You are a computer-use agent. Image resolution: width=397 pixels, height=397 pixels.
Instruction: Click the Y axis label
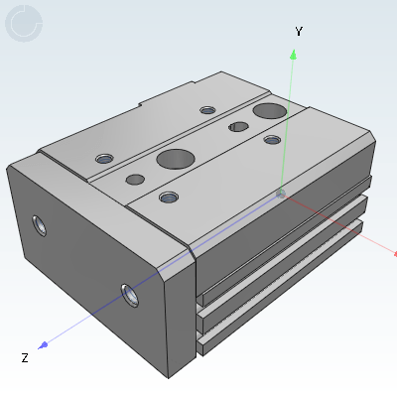tap(299, 32)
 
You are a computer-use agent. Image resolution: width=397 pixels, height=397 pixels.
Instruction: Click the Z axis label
tap(25, 358)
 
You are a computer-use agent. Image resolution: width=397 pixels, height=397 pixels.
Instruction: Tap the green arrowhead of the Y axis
tap(293, 55)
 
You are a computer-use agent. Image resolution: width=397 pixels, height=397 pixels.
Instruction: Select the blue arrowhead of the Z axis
tap(43, 345)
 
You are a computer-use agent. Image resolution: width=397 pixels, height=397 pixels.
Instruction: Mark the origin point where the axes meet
tap(281, 194)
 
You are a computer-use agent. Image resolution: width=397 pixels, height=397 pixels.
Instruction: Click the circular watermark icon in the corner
tap(24, 24)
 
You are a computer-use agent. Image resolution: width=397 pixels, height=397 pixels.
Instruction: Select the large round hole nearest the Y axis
tap(270, 110)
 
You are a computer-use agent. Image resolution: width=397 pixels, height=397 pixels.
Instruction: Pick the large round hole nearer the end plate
tap(176, 159)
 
